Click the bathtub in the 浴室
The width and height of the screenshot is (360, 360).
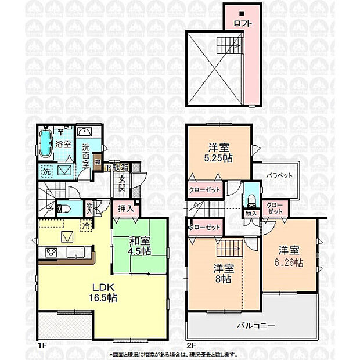(x=47, y=143)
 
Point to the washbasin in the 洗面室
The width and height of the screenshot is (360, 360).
(x=84, y=131)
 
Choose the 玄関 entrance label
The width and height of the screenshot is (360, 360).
(x=123, y=185)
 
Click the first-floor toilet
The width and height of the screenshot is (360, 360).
(x=64, y=208)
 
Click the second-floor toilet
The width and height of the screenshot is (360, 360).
(x=251, y=199)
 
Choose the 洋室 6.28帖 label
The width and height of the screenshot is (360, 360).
(x=288, y=256)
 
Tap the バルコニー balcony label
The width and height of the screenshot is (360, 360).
(x=255, y=326)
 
